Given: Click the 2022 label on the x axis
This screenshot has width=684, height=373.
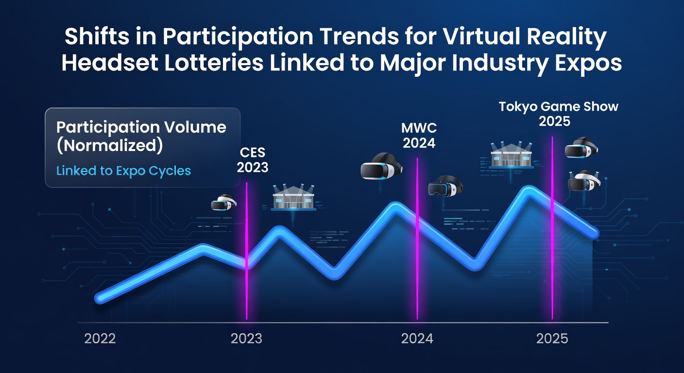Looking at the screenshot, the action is click(x=100, y=339).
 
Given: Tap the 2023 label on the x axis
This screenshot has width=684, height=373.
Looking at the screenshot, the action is click(x=246, y=339).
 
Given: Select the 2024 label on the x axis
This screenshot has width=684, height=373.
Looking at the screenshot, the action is click(x=417, y=339).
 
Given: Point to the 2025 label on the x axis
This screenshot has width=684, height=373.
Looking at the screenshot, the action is click(x=552, y=339).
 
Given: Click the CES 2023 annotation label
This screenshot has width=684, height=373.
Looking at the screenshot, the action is click(x=253, y=160).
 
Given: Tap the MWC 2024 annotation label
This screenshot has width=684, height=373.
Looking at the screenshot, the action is click(x=419, y=136).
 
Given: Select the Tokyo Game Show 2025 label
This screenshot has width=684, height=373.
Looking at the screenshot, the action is click(x=559, y=114).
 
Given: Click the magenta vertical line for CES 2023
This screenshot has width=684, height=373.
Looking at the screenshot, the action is click(x=247, y=251).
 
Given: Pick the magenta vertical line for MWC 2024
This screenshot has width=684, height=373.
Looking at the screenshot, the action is click(x=417, y=238).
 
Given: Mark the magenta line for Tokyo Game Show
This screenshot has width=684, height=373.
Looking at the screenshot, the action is click(x=552, y=228).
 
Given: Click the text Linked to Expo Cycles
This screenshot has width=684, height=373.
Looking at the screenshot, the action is click(x=124, y=171).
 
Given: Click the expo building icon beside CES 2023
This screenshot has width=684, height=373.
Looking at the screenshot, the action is click(x=293, y=198).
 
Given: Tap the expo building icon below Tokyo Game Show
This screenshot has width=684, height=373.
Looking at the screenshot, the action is click(x=512, y=155).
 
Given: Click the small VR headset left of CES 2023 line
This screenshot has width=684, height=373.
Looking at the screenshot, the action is click(x=224, y=202).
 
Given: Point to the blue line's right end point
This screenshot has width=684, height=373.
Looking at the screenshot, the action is click(x=594, y=234).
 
